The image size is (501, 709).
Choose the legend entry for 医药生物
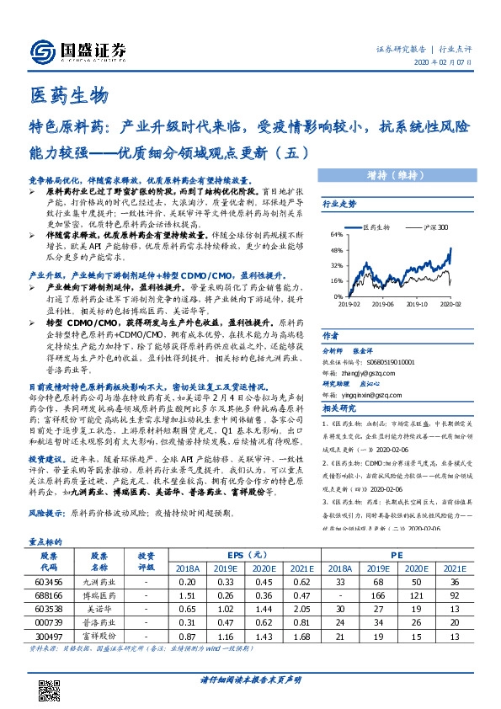tap(376, 227)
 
